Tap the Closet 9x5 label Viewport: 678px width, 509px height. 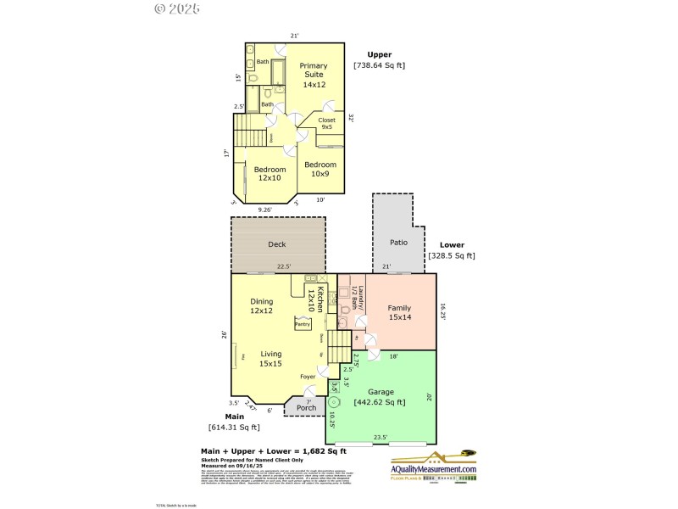(326, 124)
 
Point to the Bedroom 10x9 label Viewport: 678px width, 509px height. (320, 169)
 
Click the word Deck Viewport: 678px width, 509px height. (277, 244)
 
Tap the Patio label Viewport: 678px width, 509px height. (398, 242)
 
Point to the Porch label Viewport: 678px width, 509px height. (306, 408)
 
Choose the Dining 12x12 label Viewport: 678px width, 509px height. (261, 306)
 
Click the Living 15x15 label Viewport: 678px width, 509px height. (270, 359)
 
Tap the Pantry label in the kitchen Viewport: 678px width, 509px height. (303, 323)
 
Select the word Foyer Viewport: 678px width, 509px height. (308, 377)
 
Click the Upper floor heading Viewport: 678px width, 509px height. (379, 54)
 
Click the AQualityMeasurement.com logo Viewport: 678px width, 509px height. (432, 469)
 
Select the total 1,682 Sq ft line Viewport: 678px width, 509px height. (273, 451)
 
